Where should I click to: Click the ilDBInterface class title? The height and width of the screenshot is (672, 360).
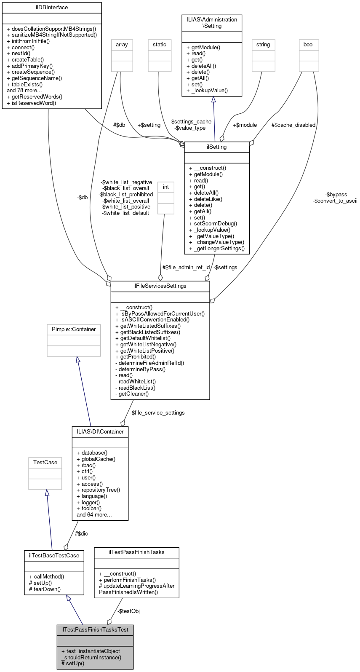[x=52, y=7]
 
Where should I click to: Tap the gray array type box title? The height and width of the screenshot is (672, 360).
[x=122, y=45]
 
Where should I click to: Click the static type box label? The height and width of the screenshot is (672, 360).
[x=160, y=45]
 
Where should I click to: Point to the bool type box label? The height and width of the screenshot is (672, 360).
[x=309, y=45]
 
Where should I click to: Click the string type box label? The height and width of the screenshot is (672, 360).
[x=263, y=45]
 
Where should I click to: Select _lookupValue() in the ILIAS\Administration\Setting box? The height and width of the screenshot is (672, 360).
[x=207, y=91]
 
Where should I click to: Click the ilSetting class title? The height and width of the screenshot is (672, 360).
[x=217, y=147]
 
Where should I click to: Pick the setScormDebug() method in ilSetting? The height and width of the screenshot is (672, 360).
[x=213, y=224]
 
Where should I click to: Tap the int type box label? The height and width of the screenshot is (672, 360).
[x=166, y=187]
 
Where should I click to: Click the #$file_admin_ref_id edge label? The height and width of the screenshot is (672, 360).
[x=186, y=268]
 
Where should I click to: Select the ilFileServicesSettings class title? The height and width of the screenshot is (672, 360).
[x=160, y=286]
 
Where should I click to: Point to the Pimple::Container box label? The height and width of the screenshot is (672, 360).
[x=74, y=329]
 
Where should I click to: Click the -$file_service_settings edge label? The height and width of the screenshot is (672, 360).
[x=157, y=413]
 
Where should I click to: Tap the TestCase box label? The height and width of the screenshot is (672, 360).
[x=45, y=463]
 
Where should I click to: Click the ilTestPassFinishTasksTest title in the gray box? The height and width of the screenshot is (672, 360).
[x=95, y=630]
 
